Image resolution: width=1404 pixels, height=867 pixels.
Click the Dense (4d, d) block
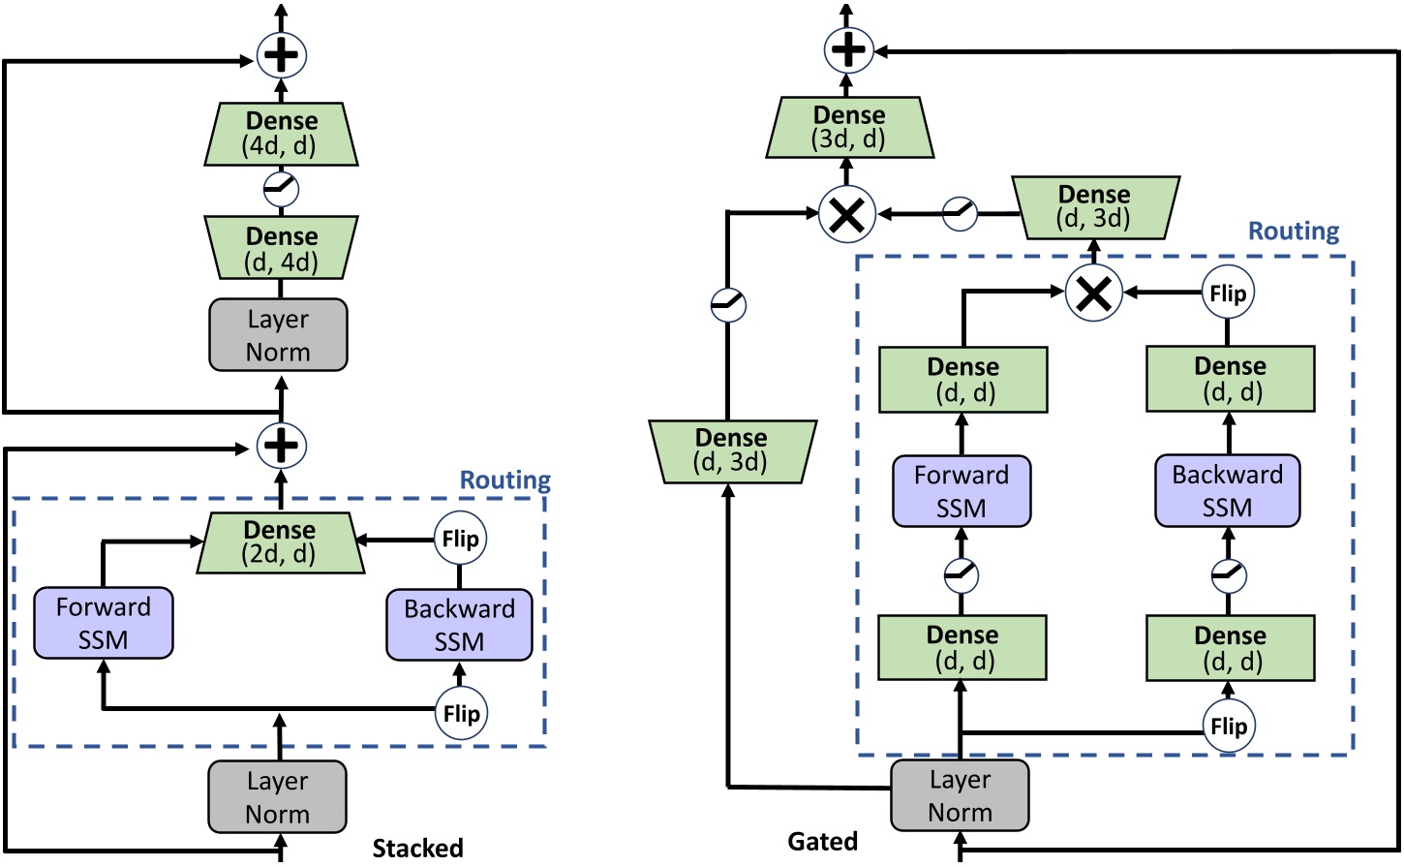tap(281, 134)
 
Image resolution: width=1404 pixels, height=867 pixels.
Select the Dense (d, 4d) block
tap(281, 249)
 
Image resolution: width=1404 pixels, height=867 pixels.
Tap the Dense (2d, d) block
tap(281, 542)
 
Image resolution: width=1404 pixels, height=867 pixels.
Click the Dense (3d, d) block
tap(849, 127)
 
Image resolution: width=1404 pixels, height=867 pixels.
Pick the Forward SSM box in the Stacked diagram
tap(104, 623)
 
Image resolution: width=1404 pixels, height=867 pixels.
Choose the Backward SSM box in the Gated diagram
tap(1227, 491)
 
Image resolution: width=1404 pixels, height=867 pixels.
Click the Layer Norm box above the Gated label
tap(960, 795)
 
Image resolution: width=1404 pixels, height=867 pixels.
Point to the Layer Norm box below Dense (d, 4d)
tap(278, 335)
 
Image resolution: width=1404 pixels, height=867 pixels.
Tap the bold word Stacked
tap(417, 849)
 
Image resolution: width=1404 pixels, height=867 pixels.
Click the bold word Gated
tap(822, 842)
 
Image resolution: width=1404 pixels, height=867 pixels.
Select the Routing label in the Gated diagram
tap(1294, 232)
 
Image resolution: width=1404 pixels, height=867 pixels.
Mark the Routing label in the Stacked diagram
tap(504, 480)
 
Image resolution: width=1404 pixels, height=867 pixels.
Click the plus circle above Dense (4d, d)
tap(281, 55)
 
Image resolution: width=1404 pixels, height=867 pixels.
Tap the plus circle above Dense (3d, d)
tap(848, 50)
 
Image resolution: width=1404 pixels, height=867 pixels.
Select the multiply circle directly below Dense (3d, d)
tap(847, 214)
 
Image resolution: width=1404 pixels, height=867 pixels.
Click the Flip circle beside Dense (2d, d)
tap(460, 539)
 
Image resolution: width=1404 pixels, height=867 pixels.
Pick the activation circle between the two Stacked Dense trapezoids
tap(281, 189)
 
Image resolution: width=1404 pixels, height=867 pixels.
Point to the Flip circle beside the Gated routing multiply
tap(1228, 293)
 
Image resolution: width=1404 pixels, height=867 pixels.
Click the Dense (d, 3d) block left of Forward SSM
tap(732, 451)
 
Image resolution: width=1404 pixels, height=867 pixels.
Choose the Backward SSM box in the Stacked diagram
tap(459, 625)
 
